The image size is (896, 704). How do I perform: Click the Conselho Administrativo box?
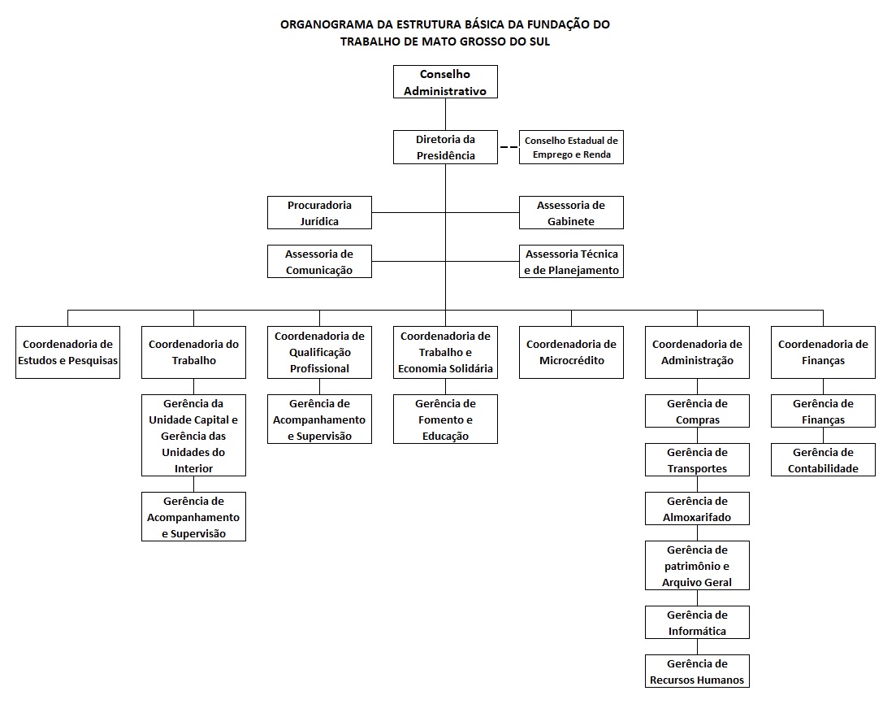click(x=445, y=82)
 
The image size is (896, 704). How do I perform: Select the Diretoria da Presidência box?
click(x=445, y=148)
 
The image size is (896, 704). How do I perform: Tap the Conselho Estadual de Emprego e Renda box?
click(x=571, y=148)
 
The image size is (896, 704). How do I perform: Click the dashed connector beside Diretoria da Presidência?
click(x=509, y=148)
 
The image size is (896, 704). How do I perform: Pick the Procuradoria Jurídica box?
click(x=319, y=213)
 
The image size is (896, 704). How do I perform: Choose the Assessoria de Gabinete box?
click(x=571, y=213)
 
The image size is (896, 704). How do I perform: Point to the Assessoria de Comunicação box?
click(x=319, y=261)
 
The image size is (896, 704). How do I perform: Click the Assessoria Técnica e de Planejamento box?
click(x=571, y=261)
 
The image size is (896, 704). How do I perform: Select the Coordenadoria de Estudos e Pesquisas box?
click(x=68, y=352)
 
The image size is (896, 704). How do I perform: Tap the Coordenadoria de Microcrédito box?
click(x=571, y=352)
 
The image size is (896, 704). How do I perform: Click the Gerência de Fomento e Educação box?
click(x=445, y=419)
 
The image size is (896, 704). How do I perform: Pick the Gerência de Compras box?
click(x=697, y=411)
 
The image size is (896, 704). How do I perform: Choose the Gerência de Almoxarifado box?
click(x=697, y=508)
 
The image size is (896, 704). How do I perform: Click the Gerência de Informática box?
click(x=697, y=622)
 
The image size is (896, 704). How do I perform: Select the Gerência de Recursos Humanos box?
click(x=697, y=671)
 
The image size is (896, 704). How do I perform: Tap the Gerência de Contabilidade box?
click(x=823, y=460)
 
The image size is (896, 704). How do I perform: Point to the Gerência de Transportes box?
click(x=697, y=460)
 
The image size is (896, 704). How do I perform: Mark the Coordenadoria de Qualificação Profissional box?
click(x=319, y=352)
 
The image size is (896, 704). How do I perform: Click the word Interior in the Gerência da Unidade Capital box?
click(x=193, y=468)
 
